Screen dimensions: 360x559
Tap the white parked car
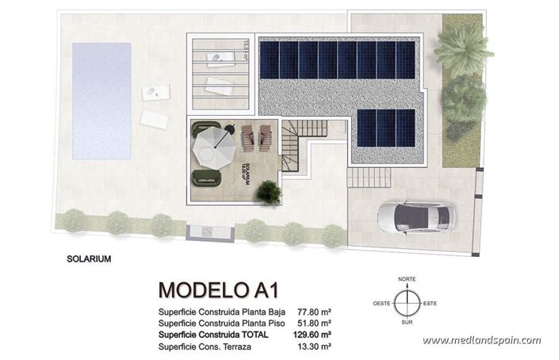(x=414, y=216)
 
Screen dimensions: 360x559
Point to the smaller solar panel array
(x=385, y=128)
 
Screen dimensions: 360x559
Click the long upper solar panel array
(x=338, y=59)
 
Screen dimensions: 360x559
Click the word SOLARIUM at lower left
(x=89, y=259)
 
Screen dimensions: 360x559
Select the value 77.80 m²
(x=315, y=312)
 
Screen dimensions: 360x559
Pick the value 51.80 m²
(x=315, y=324)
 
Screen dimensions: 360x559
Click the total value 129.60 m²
(x=312, y=335)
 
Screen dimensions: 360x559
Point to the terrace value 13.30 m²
(x=315, y=347)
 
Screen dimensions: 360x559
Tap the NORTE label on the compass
(x=407, y=279)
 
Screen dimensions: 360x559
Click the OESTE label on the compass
(x=382, y=303)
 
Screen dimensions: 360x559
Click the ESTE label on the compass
(x=431, y=303)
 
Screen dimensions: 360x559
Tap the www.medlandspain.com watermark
(x=481, y=340)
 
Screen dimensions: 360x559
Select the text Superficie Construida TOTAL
(x=213, y=335)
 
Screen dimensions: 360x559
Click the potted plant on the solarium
(x=268, y=190)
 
